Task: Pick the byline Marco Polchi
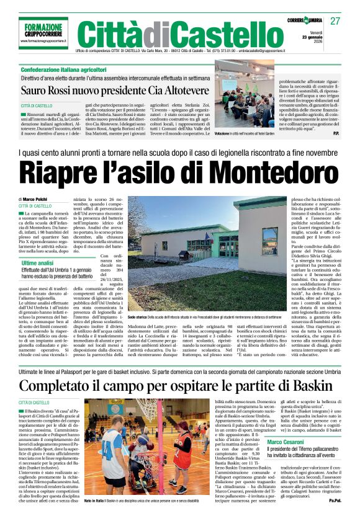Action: click(x=41, y=199)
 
